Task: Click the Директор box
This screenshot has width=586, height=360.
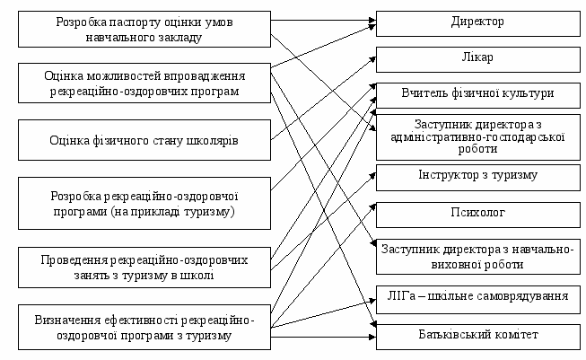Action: (477, 21)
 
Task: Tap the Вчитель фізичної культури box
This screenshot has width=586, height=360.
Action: (477, 92)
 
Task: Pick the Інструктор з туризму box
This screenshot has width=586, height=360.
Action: (477, 174)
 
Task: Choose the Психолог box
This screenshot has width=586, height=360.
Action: (477, 213)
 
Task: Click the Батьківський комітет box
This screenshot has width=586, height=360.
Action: (477, 335)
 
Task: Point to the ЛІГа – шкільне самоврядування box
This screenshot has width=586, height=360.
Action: (477, 298)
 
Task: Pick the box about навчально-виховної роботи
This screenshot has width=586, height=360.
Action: (477, 255)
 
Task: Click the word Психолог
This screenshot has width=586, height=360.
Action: (477, 213)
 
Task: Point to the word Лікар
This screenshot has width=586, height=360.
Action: (477, 57)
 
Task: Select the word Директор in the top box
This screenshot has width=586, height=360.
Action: (477, 21)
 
